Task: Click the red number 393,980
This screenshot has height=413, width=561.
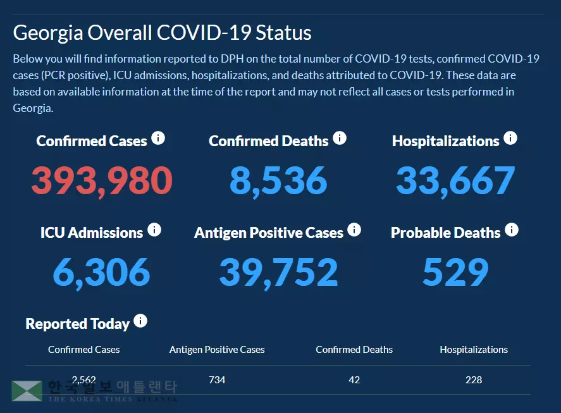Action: click(x=102, y=180)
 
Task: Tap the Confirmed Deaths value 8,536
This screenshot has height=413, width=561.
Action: click(x=278, y=180)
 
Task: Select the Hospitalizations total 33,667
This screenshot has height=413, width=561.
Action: click(x=455, y=180)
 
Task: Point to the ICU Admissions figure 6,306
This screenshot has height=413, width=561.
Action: click(x=101, y=272)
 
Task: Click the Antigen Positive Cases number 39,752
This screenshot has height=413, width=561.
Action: click(x=278, y=272)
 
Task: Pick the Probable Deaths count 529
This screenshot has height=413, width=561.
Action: click(x=455, y=272)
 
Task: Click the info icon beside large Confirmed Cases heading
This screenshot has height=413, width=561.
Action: click(x=158, y=138)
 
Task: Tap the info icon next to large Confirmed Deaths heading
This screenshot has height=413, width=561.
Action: click(x=340, y=138)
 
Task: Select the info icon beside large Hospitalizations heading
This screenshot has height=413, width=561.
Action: click(x=510, y=138)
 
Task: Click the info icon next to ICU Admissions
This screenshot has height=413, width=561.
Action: click(x=154, y=230)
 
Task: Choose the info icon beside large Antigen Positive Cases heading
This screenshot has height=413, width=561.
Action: click(x=354, y=230)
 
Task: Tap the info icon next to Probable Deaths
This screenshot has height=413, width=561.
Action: click(x=512, y=230)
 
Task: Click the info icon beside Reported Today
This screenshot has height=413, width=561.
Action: click(x=140, y=321)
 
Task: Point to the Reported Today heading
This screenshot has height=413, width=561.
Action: click(x=77, y=324)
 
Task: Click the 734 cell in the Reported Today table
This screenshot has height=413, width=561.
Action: click(x=217, y=380)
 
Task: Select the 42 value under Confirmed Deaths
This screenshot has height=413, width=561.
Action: click(x=354, y=380)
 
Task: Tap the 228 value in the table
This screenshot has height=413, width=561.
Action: click(x=473, y=380)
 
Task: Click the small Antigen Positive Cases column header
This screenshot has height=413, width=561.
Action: click(x=217, y=350)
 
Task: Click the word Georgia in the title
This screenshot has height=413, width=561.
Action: click(x=48, y=32)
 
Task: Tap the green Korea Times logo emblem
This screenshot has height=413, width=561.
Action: click(x=27, y=391)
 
